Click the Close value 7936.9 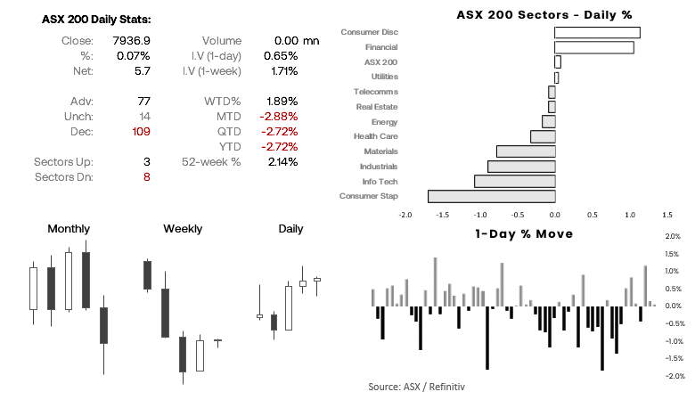click(x=133, y=40)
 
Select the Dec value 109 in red click(x=140, y=131)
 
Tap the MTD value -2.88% click(x=279, y=116)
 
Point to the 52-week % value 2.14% click(x=281, y=161)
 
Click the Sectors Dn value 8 click(x=146, y=176)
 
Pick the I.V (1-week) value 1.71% click(x=281, y=70)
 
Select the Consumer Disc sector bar click(x=597, y=32)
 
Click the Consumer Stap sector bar click(x=491, y=196)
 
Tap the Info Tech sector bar click(x=514, y=181)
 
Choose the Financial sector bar click(x=593, y=47)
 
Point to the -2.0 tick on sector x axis click(x=405, y=215)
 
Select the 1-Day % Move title click(x=524, y=233)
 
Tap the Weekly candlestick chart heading click(x=183, y=229)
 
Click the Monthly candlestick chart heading click(x=69, y=229)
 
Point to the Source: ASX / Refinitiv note click(x=417, y=387)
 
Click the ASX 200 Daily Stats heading click(x=96, y=20)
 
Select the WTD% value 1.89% click(x=281, y=101)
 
